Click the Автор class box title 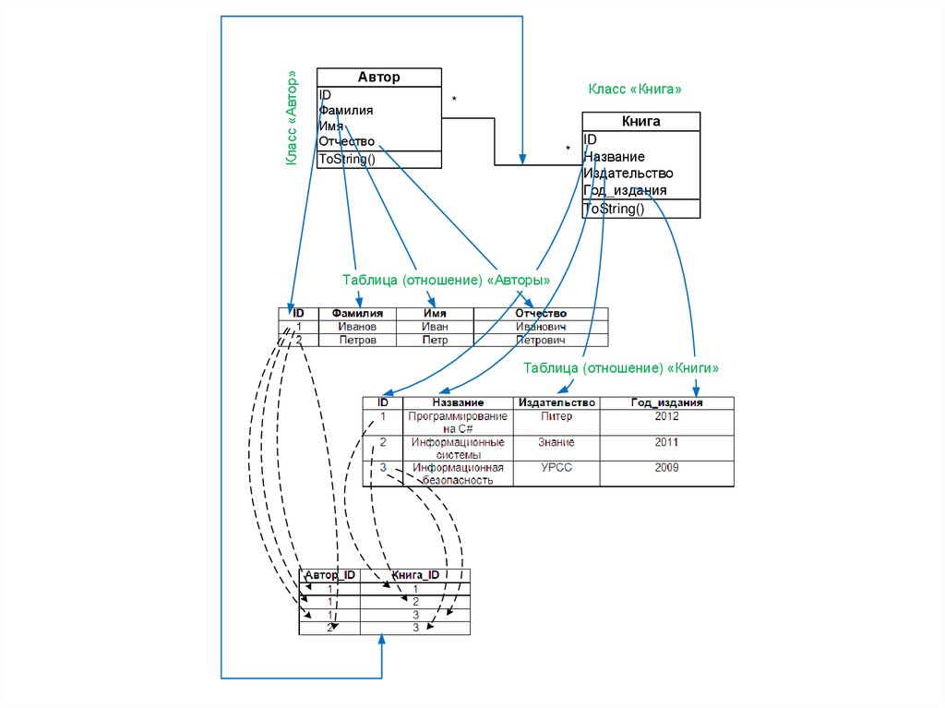coord(378,78)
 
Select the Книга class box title coord(640,121)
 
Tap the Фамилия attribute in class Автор coord(346,110)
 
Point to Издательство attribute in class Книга coord(628,173)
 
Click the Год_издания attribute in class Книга coord(625,190)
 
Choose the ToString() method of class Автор coord(347,159)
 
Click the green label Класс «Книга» coord(635,89)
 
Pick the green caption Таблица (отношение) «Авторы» coord(447,280)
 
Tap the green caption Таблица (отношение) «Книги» coord(620,367)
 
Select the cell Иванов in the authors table coord(357,327)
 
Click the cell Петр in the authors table coord(435,340)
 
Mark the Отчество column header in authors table coord(541,314)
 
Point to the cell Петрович coord(541,340)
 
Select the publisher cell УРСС coord(556,468)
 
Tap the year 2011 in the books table coord(666,442)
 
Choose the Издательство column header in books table coord(556,402)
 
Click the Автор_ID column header coord(329,575)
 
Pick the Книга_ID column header coord(416,575)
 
